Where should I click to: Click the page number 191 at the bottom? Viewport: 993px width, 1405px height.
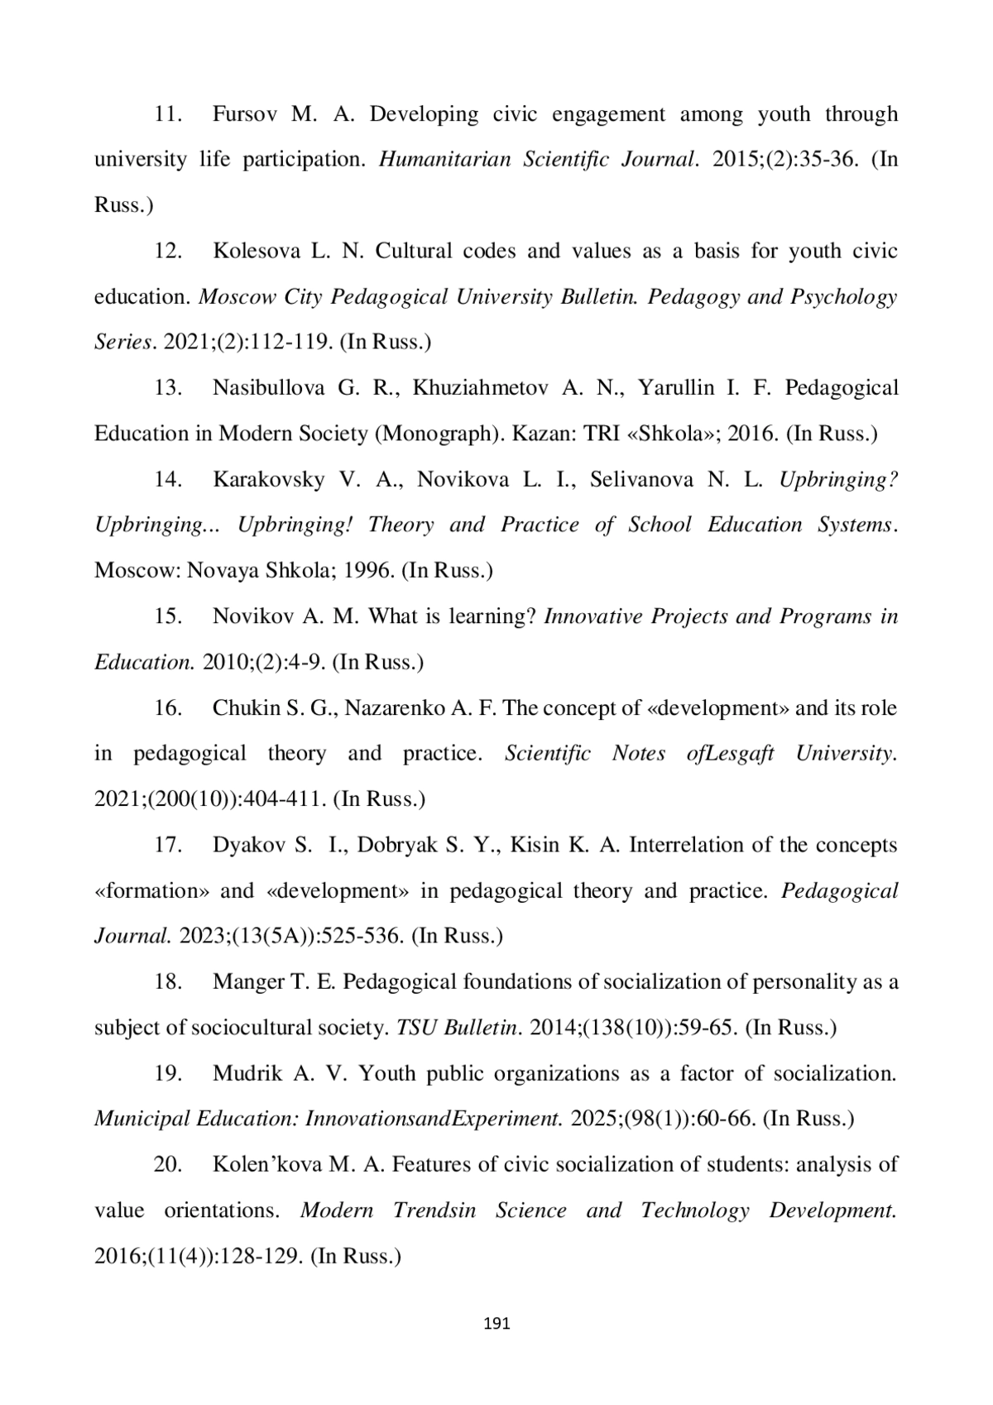pos(496,1324)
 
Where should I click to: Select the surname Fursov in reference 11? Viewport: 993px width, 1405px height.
pos(244,114)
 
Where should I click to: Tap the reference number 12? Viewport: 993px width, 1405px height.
pos(169,251)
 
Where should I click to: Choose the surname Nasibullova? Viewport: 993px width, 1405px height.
pos(268,388)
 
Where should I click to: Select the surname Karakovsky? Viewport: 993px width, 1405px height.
pos(268,479)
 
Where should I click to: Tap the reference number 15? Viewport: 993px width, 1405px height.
pos(169,616)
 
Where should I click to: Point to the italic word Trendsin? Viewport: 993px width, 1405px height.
pos(434,1211)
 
